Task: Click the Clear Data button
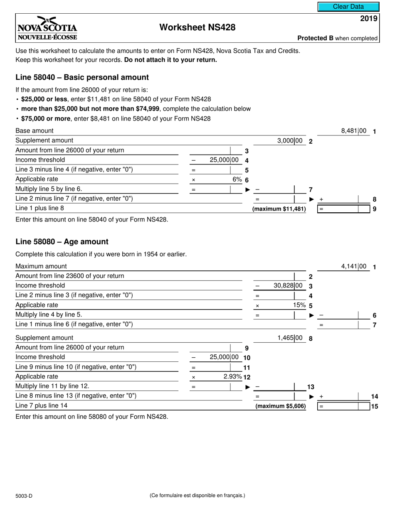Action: point(348,7)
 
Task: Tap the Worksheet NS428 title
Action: point(197,27)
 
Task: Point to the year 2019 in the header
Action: point(369,18)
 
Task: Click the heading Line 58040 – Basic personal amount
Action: point(82,77)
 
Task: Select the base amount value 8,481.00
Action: point(353,131)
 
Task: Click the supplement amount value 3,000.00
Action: point(290,141)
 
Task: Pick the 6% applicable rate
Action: point(237,179)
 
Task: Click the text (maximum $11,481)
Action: point(279,209)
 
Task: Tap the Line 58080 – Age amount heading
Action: point(62,242)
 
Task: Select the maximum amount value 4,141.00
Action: point(353,267)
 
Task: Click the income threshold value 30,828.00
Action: point(288,286)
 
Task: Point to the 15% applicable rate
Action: point(299,305)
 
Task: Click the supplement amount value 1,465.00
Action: point(290,338)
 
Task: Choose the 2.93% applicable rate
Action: point(232,377)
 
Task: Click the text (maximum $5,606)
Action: point(280,406)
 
